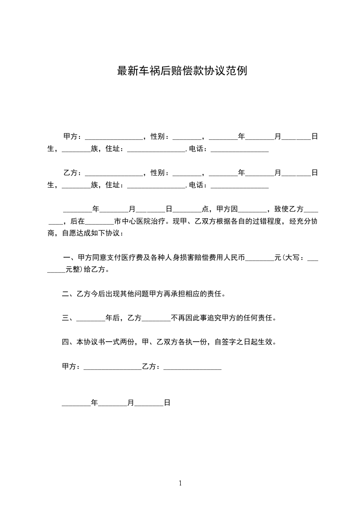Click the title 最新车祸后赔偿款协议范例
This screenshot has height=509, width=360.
pos(182,71)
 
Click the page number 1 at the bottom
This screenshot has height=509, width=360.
pos(180,484)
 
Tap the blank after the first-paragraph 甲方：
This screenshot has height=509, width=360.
pos(113,137)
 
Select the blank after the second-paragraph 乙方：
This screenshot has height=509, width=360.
pos(113,173)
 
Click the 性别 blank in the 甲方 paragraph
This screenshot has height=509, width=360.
pos(187,137)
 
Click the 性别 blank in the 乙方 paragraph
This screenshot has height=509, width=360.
pos(187,173)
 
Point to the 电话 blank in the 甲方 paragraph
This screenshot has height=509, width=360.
pos(239,149)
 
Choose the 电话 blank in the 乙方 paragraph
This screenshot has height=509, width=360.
pos(239,186)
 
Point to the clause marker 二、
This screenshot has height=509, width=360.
pos(67,294)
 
